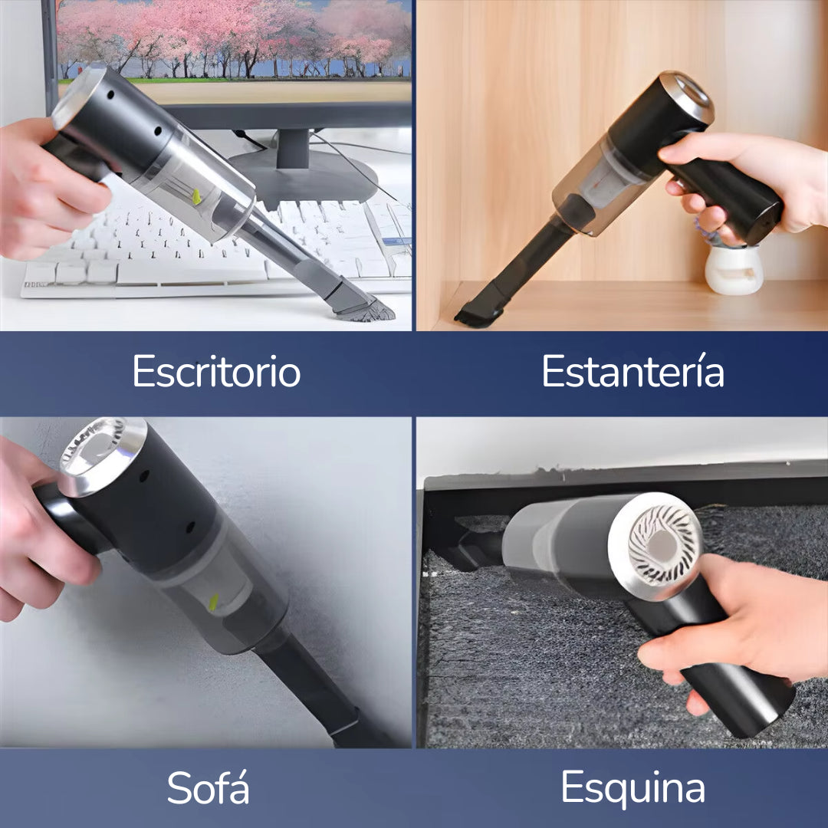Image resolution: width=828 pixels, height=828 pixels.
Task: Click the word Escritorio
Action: (x=216, y=373)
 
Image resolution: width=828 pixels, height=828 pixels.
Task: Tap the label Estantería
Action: (x=632, y=373)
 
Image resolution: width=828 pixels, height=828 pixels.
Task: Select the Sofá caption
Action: (x=208, y=787)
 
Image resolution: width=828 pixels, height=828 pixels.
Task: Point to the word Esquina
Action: (x=632, y=787)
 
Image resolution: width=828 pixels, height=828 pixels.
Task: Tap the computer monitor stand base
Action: (x=303, y=172)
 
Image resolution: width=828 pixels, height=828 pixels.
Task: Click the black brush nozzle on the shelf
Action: (x=479, y=310)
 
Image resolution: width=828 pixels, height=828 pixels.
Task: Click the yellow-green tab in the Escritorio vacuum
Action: (x=196, y=197)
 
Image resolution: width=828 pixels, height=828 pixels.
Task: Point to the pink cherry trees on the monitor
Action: (x=230, y=34)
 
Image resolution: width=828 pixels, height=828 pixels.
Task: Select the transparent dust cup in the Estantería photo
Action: (x=590, y=184)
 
